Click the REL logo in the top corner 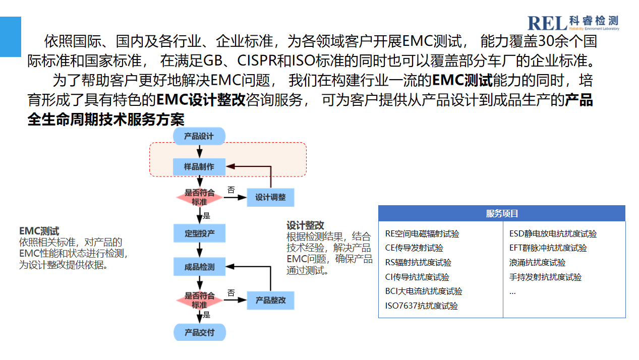pos(573,23)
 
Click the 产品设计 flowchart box pos(199,136)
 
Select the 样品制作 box pos(199,167)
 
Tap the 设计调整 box pos(270,197)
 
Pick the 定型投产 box pos(199,233)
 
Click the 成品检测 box pos(199,267)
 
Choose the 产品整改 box pos(270,300)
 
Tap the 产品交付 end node pos(199,332)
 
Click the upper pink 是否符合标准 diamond pos(199,197)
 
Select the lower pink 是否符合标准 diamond pos(199,300)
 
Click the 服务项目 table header pos(502,213)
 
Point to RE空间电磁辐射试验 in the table pos(422,233)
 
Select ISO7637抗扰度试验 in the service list pos(422,306)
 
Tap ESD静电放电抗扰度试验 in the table pos(553,233)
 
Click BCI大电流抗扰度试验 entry pos(424,291)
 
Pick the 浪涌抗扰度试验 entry pos(537,262)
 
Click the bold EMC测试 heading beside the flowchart pos(39,231)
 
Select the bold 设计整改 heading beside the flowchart pos(305,225)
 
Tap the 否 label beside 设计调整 pos(231,190)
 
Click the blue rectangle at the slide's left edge pos(11,36)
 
